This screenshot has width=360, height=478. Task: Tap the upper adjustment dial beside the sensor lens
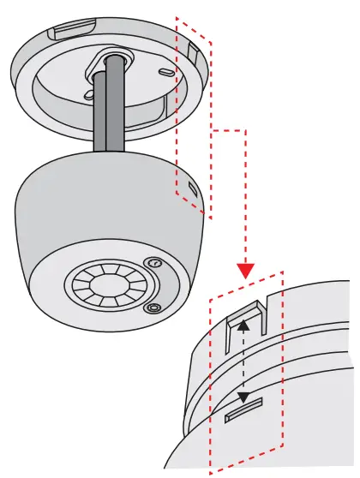154,263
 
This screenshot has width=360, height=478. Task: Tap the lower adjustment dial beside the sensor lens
153,307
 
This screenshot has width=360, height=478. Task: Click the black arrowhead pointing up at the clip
244,326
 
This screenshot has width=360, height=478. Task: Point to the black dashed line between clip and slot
244,361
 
